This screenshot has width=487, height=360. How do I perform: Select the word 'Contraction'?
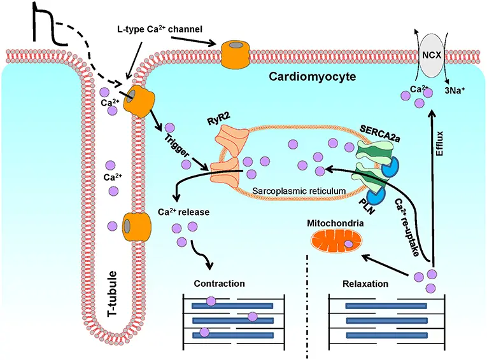219,283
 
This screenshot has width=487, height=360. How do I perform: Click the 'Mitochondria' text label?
334,223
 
